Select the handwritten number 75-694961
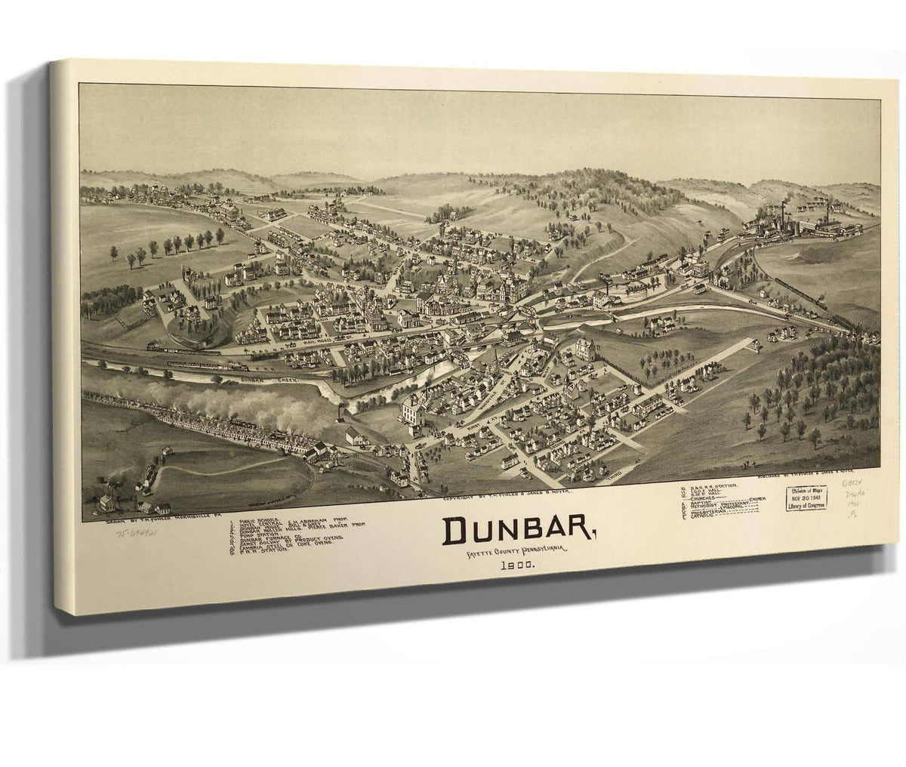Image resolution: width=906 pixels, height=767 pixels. pos(142,531)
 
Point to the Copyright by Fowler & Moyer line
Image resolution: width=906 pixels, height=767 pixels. pos(507,491)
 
